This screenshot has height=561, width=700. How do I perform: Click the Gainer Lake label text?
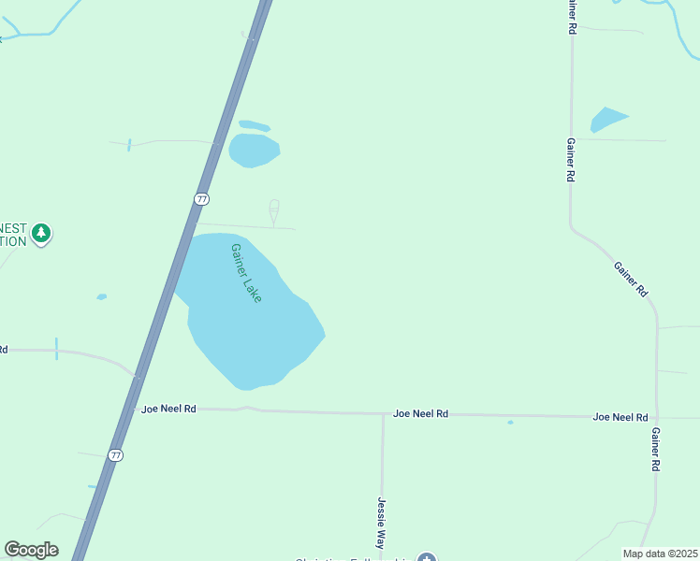246,273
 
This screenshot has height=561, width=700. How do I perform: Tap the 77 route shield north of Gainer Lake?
201,198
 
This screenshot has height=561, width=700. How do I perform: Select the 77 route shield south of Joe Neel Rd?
115,455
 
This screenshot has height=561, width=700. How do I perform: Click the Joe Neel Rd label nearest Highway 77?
168,409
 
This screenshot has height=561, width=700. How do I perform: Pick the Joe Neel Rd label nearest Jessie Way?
420,412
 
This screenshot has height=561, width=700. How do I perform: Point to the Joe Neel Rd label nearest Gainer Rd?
620,416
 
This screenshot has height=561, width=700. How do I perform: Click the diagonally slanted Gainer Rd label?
631,279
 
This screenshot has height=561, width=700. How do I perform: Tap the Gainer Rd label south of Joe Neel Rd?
656,450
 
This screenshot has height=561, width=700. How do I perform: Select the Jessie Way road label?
382,523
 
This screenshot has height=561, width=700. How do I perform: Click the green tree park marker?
40,233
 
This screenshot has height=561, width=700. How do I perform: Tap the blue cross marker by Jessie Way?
427,559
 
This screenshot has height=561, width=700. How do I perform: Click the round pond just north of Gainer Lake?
254,150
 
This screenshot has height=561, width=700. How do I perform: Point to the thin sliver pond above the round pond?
254,125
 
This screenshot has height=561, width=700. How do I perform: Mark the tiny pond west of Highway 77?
101,297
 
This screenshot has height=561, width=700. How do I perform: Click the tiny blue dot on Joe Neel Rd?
510,423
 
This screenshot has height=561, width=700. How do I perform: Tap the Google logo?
31,550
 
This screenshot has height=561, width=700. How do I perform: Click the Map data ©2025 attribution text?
661,554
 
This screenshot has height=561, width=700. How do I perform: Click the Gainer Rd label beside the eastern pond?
570,159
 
